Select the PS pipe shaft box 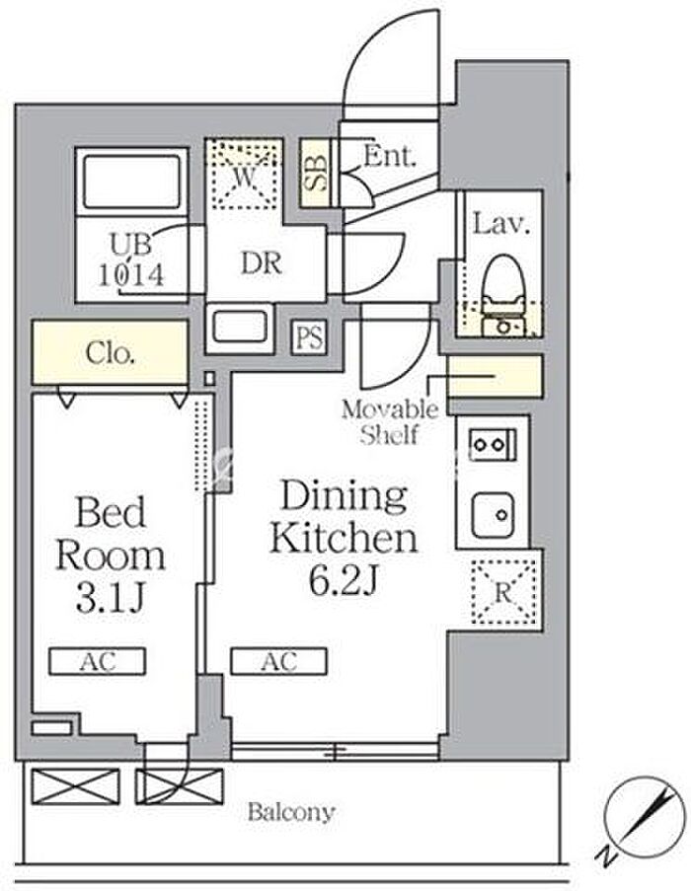coord(310,337)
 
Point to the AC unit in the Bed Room coord(97,661)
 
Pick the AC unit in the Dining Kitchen coord(278,661)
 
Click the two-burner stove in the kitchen coord(493,444)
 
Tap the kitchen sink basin coord(494,516)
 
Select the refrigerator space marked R coord(503,592)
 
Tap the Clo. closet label coord(111,353)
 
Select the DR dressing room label coord(262,263)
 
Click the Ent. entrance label coord(389,156)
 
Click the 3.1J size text coord(111,597)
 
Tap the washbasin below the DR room coord(240,329)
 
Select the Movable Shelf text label coord(390,422)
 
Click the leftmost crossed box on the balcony coord(76,786)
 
